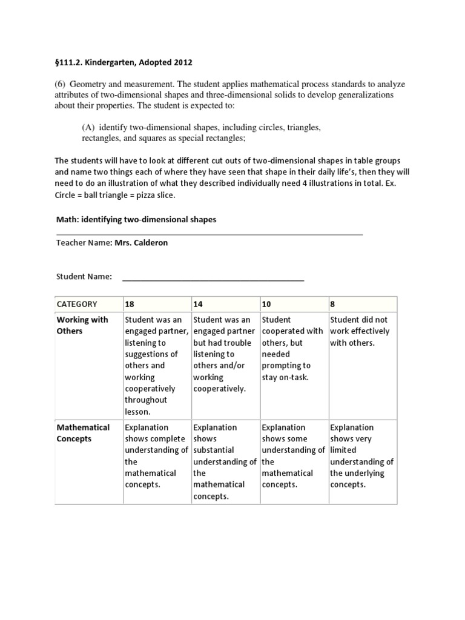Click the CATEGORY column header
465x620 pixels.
click(76, 304)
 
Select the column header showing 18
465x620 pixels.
click(130, 304)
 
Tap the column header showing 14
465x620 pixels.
click(198, 304)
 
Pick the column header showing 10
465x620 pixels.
click(266, 304)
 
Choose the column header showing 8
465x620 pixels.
click(332, 304)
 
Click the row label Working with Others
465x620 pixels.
click(82, 325)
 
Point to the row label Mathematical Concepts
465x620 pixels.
click(83, 433)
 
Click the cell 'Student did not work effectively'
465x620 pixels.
click(360, 331)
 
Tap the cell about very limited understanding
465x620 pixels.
click(361, 456)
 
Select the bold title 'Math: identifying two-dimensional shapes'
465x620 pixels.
click(136, 220)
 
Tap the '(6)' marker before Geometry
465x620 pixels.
click(61, 84)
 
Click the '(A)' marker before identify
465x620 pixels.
click(89, 128)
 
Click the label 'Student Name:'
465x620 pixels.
click(84, 277)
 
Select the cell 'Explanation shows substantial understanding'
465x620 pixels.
click(223, 461)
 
